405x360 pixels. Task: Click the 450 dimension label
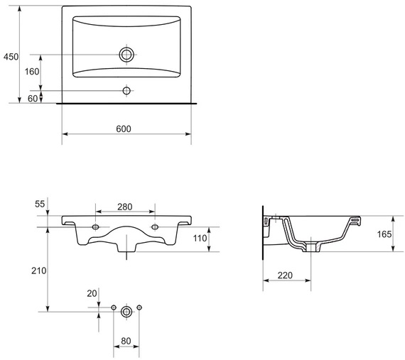10,56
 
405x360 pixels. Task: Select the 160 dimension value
32,72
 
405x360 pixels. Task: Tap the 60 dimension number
32,99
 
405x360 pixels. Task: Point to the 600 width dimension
124,128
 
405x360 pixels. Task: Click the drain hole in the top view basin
126,54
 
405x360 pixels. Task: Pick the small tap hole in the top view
126,91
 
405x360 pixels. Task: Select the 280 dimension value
125,207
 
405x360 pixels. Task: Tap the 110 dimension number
199,239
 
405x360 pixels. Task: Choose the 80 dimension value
126,342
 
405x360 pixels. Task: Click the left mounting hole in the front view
96,227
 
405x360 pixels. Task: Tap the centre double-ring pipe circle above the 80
126,311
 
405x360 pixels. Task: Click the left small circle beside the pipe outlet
113,307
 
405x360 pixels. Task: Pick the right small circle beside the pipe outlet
139,307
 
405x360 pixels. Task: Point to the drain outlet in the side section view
311,248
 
